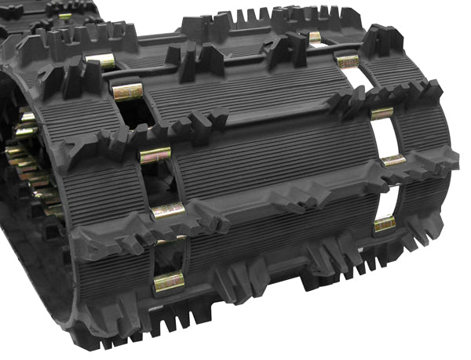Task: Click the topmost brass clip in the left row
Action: pyautogui.click(x=101, y=60)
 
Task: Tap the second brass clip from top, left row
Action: pyautogui.click(x=127, y=92)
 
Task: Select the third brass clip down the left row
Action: pyautogui.click(x=155, y=155)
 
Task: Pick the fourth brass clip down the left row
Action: pyautogui.click(x=168, y=210)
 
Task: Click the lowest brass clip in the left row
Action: pyautogui.click(x=169, y=282)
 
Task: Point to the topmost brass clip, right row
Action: pyautogui.click(x=316, y=36)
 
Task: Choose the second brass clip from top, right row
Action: pyautogui.click(x=348, y=60)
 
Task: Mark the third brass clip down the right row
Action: pyautogui.click(x=382, y=114)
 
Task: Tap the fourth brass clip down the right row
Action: pyautogui.click(x=393, y=160)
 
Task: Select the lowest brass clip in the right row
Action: pyautogui.click(x=385, y=224)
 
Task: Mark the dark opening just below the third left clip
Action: pyautogui.click(x=160, y=180)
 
